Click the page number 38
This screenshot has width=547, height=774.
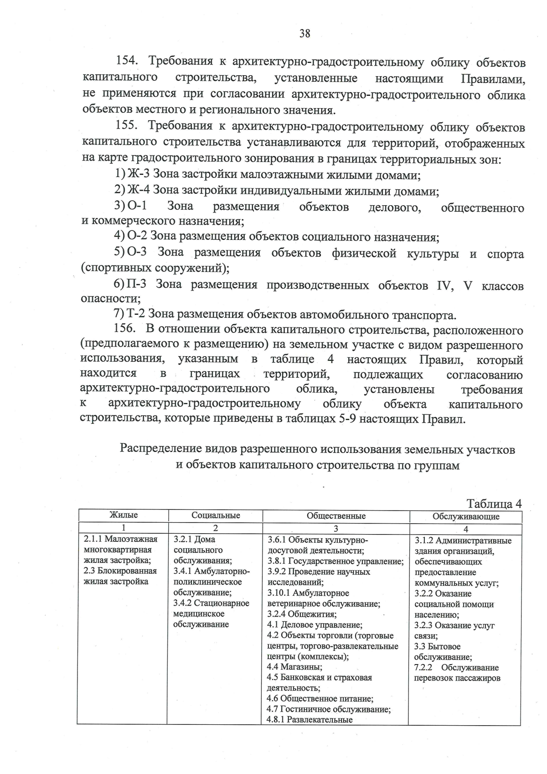[x=304, y=33]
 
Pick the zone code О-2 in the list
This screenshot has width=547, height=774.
[x=137, y=236]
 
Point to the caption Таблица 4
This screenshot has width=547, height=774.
[x=494, y=504]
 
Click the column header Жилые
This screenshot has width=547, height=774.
[x=124, y=515]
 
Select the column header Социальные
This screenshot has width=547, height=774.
[x=216, y=516]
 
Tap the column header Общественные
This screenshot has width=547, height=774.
[x=336, y=516]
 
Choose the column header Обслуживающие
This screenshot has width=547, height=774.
[x=465, y=517]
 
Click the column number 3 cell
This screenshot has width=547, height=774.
[x=336, y=529]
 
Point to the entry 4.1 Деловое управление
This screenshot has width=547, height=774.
[x=315, y=625]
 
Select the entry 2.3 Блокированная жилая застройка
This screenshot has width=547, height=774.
[x=120, y=576]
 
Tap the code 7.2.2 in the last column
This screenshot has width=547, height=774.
[x=423, y=668]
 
